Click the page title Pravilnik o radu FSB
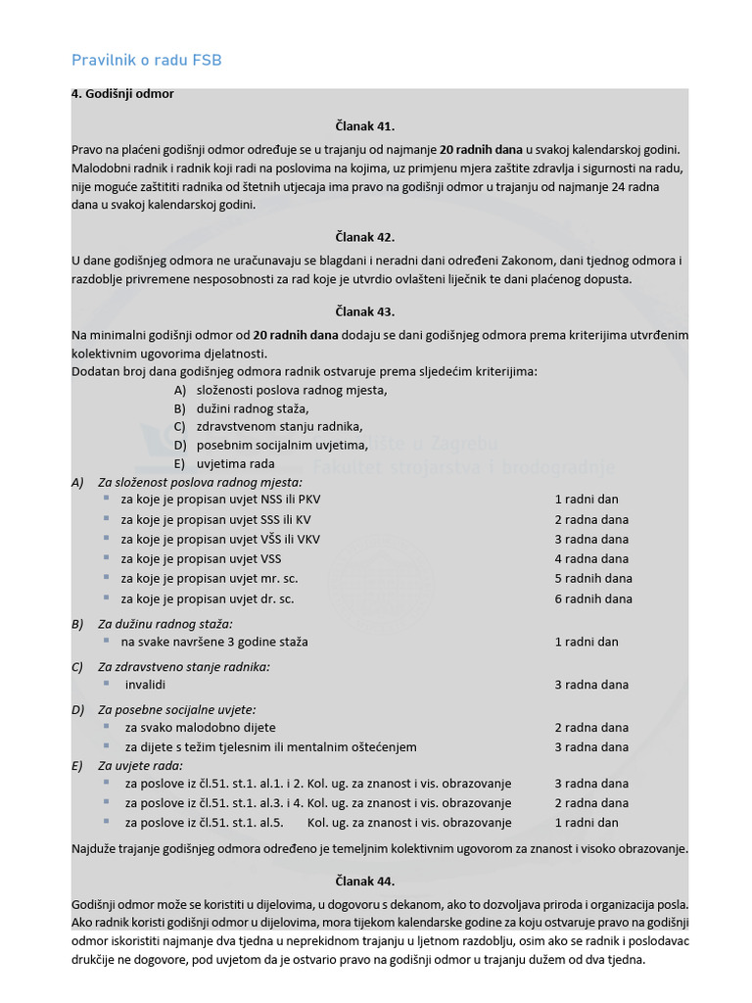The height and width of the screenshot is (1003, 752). [x=147, y=61]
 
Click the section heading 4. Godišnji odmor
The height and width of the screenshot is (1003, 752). [x=122, y=94]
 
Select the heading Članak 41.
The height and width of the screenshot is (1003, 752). [x=364, y=126]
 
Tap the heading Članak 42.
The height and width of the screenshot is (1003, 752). [x=364, y=237]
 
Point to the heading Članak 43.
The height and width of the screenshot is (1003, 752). [x=364, y=311]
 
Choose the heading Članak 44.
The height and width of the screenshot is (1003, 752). [x=364, y=881]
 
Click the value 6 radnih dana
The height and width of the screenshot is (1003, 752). [x=593, y=598]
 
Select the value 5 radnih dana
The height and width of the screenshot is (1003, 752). [x=593, y=579]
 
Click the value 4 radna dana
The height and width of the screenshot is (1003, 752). [x=591, y=558]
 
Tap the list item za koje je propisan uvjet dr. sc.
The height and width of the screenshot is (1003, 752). [x=208, y=598]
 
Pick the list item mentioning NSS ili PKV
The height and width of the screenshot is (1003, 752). [x=220, y=499]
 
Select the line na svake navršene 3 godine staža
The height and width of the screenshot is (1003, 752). [x=214, y=642]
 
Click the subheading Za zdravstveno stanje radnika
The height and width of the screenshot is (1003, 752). [x=184, y=666]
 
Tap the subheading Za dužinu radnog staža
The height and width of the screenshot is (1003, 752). [x=165, y=623]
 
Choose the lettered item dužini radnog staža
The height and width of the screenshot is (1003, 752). [x=253, y=408]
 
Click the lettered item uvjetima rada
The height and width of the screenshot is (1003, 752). [x=235, y=463]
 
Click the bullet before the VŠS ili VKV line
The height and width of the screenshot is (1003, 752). [x=106, y=539]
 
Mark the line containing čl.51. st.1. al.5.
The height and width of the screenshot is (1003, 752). [x=318, y=823]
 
